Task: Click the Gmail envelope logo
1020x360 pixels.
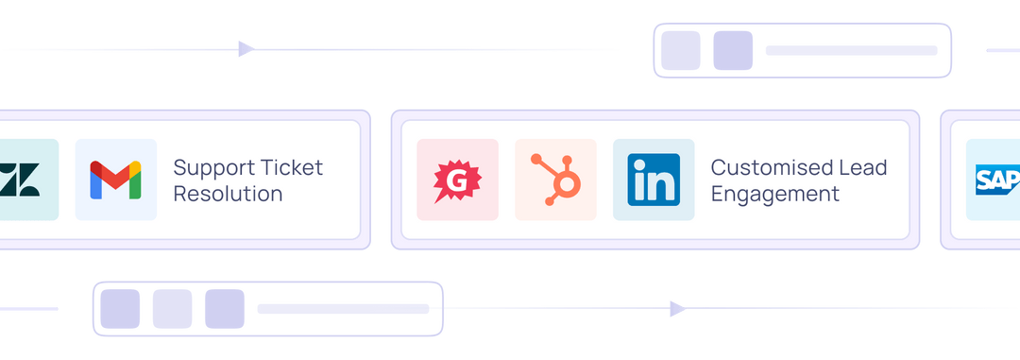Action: [x=115, y=180]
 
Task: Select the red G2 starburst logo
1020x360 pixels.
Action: [x=457, y=180]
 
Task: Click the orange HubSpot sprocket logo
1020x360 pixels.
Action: [x=554, y=180]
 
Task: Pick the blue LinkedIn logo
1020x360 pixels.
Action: [x=653, y=180]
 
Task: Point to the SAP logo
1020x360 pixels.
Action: [x=997, y=180]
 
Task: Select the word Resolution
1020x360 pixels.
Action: [x=228, y=195]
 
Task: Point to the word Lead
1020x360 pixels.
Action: [x=864, y=168]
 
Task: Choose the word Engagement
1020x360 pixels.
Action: [x=774, y=195]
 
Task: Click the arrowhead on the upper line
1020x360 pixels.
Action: [x=246, y=49]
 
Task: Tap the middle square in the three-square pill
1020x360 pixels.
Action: [x=172, y=309]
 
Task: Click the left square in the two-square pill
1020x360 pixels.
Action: [x=681, y=50]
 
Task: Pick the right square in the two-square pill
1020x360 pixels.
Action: [x=733, y=50]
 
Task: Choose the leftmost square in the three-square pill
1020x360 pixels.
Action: [x=121, y=309]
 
